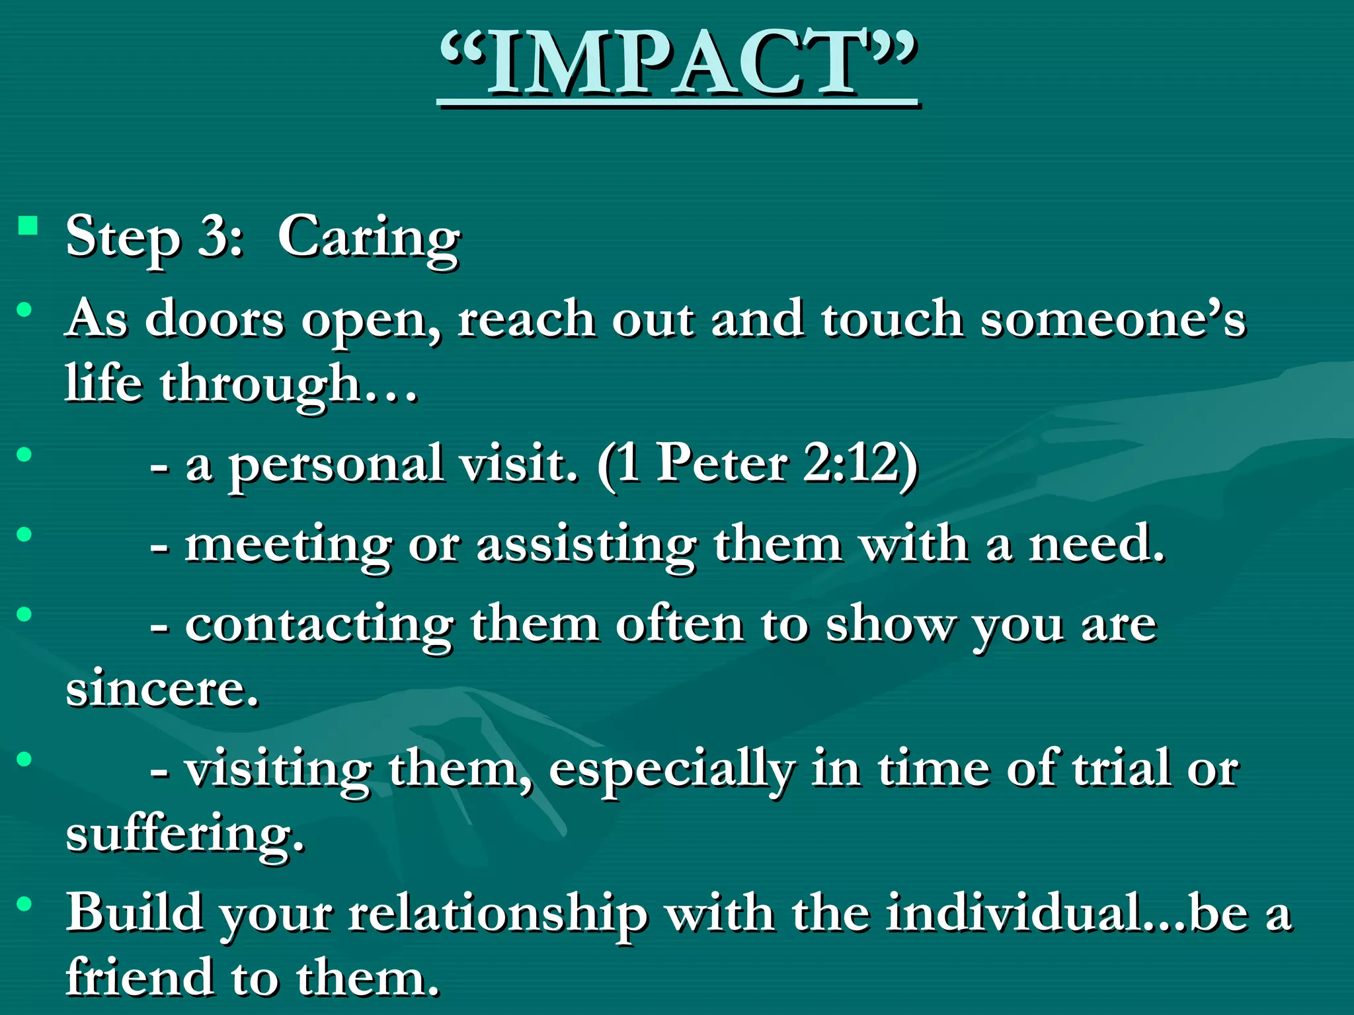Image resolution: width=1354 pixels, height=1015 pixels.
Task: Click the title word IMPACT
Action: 677,65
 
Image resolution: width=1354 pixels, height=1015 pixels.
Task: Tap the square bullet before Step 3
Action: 28,226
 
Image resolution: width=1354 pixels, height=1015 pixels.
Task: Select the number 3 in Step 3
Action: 212,237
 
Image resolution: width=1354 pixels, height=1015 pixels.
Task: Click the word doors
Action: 214,320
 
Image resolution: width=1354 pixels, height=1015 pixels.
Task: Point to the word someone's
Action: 1113,320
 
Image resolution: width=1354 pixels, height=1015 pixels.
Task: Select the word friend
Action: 139,978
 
